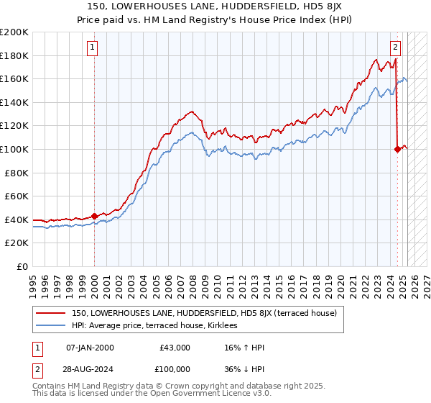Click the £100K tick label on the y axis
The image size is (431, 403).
(x=14, y=149)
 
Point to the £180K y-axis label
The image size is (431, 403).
(x=14, y=55)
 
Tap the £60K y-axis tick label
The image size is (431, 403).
(x=17, y=196)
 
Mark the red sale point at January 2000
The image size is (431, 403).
(x=94, y=216)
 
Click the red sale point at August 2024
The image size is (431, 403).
(x=397, y=149)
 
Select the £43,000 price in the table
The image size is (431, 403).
(x=175, y=348)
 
